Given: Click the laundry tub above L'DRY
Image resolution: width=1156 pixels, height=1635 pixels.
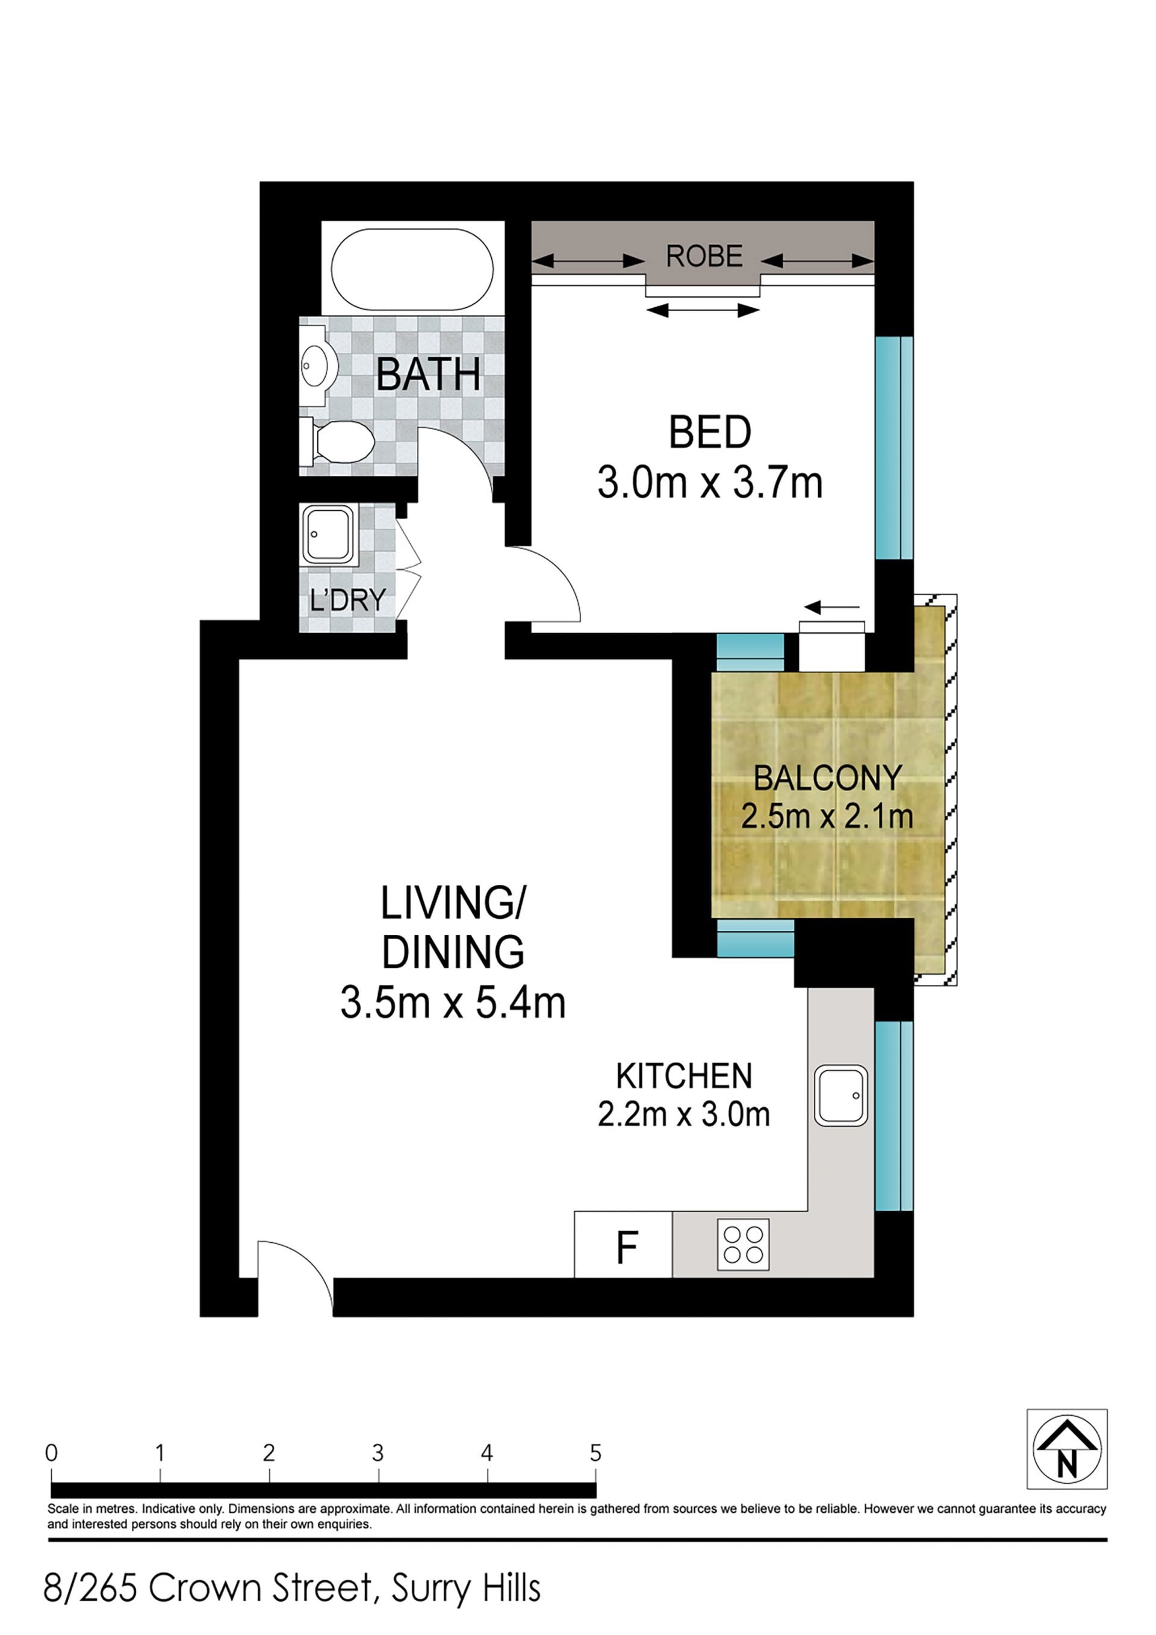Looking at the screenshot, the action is pos(328,535).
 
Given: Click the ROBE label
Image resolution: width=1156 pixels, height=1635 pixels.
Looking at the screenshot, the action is pos(704,257).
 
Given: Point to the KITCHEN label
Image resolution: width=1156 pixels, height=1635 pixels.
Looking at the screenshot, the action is pos(684,1076).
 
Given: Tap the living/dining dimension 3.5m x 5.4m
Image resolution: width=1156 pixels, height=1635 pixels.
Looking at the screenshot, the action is pos(453,1002).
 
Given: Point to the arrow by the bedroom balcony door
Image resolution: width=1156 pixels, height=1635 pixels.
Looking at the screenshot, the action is pos(832,607).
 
